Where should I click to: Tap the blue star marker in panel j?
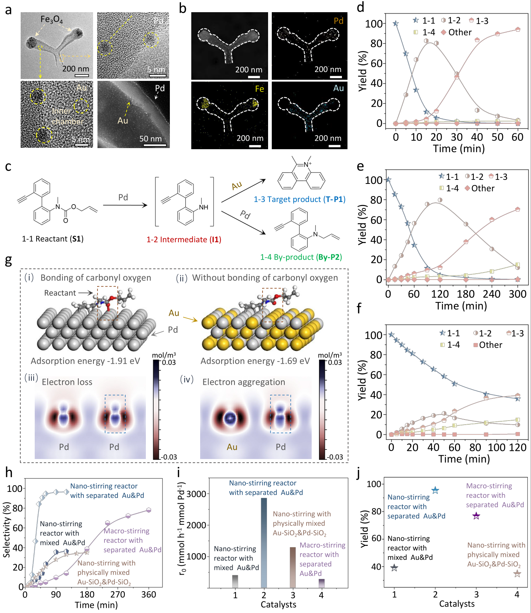click(x=435, y=490)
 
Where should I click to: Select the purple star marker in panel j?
click(x=476, y=516)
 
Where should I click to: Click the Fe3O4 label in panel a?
click(x=51, y=19)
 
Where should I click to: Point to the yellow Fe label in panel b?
click(x=259, y=89)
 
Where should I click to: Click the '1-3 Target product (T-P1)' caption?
click(x=299, y=199)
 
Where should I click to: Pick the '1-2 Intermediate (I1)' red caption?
click(x=184, y=240)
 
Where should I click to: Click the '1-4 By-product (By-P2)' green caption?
click(x=301, y=257)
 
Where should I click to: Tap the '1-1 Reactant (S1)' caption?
click(x=53, y=239)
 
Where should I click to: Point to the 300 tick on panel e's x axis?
click(x=517, y=294)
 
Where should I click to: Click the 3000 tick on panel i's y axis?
click(x=196, y=494)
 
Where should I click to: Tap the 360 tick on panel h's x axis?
click(x=148, y=595)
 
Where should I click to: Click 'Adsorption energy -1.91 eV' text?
click(x=85, y=361)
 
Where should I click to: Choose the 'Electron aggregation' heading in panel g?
click(x=244, y=382)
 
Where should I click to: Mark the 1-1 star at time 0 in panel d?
click(x=395, y=24)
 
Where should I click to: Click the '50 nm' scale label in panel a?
click(x=150, y=139)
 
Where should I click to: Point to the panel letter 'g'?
click(x=8, y=261)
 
